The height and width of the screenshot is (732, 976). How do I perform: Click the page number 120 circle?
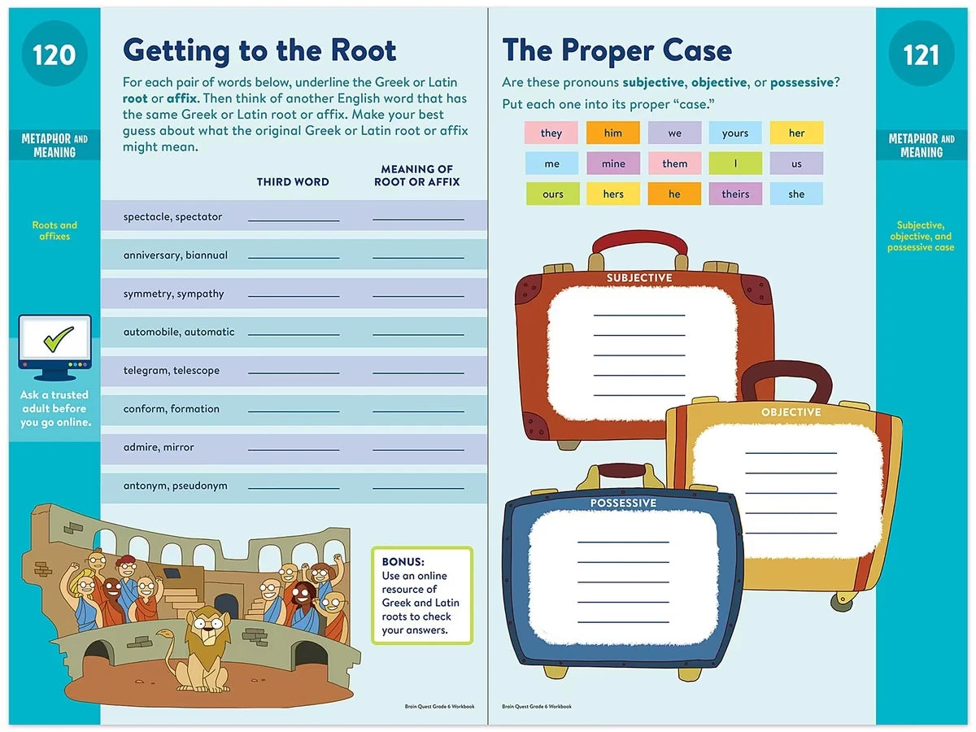[x=54, y=54]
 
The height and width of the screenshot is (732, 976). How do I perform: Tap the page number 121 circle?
[x=921, y=54]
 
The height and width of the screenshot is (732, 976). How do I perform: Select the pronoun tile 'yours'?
[x=735, y=133]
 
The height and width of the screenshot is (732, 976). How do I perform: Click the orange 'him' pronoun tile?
[x=612, y=133]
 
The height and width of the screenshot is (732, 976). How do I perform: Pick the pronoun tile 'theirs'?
[x=735, y=194]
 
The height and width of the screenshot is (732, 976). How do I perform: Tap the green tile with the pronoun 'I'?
[x=735, y=163]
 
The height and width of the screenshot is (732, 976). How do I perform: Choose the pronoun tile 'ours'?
[x=553, y=194]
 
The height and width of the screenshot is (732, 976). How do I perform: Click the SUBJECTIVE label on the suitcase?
[x=639, y=278]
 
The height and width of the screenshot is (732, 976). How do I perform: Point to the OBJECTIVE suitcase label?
[x=791, y=412]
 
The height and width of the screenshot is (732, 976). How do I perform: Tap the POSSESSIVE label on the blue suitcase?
[x=623, y=503]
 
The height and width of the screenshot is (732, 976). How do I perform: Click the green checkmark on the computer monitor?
[x=59, y=338]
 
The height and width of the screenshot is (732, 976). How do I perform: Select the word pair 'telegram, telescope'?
[x=171, y=370]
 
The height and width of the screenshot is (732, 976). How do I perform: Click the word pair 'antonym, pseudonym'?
[x=175, y=486]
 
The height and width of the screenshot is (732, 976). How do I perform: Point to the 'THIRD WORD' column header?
[x=293, y=181]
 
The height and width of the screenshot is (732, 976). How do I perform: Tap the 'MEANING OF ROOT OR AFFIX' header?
[x=416, y=176]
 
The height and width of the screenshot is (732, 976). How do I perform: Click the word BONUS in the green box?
[x=403, y=562]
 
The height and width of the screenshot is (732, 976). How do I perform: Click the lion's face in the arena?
[x=207, y=627]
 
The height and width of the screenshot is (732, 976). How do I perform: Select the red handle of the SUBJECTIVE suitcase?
[x=639, y=243]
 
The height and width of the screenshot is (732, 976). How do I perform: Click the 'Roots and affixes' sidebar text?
[x=54, y=231]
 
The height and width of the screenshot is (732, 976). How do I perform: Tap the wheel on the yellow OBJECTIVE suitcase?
[x=842, y=600]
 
